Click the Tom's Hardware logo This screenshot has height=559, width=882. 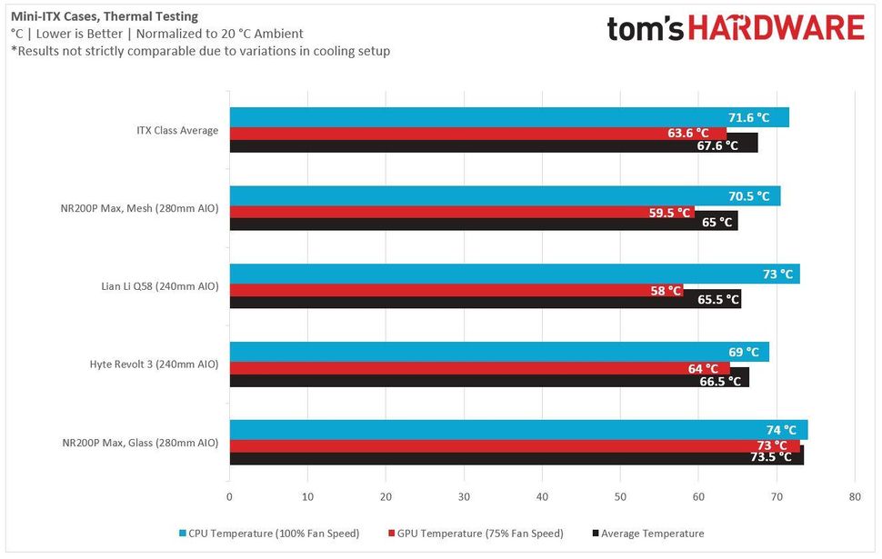pos(736,29)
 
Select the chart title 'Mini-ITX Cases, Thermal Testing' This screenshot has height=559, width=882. pos(105,16)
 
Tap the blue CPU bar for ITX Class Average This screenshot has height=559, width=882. pos(473,117)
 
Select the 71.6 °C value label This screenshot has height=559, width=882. pos(748,117)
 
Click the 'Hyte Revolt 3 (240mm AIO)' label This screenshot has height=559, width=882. pos(154,364)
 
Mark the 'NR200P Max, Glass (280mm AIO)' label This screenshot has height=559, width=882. pos(140,443)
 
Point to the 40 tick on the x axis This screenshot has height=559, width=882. pos(542,497)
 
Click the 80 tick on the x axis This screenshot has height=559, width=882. pos(854,497)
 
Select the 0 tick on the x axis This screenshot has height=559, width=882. pos(229,497)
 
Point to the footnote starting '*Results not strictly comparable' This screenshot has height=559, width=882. pos(200,51)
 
